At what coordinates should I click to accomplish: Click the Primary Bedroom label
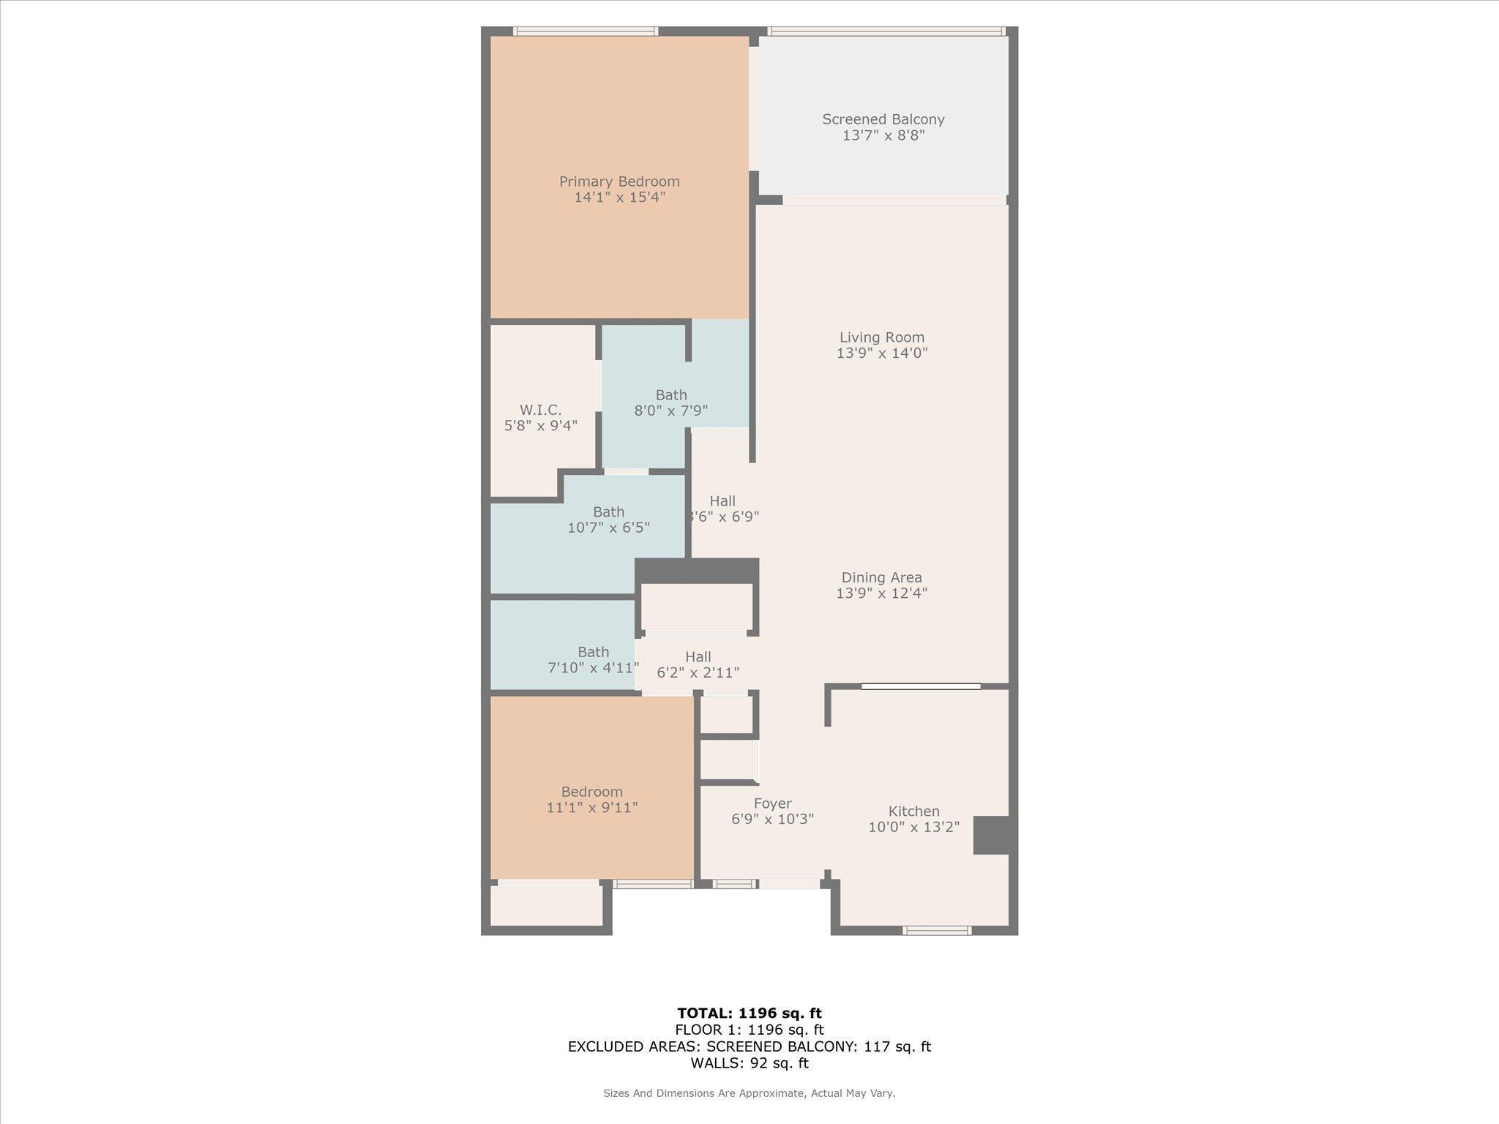619,181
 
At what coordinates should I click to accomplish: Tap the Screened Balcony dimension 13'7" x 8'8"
883,135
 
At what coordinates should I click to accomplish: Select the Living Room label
881,337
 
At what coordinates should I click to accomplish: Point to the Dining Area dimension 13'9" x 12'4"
881,593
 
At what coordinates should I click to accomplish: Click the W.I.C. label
540,410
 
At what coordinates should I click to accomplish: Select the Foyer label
772,803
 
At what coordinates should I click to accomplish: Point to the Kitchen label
913,811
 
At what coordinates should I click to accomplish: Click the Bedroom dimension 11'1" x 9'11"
591,808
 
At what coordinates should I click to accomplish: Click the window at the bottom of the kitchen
937,931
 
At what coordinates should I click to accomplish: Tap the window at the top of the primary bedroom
585,31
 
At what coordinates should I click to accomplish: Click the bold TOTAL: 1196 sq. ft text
749,1014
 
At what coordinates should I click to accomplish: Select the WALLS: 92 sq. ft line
749,1063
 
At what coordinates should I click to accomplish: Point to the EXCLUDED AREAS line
749,1046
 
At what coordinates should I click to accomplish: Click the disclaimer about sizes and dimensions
749,1093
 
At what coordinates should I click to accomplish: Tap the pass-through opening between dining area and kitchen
920,686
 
